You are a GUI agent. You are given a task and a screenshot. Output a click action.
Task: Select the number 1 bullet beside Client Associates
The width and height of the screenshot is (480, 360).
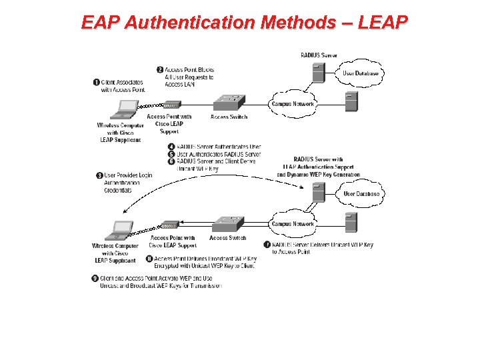pos(97,82)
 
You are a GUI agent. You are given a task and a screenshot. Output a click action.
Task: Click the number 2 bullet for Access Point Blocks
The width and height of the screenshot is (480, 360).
pos(160,69)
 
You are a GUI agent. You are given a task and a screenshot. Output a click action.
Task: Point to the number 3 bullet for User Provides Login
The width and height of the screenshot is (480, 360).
pos(99,175)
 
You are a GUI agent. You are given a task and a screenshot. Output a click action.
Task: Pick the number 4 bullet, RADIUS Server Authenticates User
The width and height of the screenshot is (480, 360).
pos(171,147)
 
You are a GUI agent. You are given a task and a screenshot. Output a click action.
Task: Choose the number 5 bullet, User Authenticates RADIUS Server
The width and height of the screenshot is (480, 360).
pos(171,154)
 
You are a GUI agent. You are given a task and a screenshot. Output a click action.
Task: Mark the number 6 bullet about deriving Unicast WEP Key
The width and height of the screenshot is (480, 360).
pos(171,161)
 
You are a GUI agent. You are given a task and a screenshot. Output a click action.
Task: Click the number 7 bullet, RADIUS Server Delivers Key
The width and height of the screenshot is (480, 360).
pos(267,245)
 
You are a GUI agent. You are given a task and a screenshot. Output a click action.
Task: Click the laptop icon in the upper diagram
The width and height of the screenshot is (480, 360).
pos(127,109)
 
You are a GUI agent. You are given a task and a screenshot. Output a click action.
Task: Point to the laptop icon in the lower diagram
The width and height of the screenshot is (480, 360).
pos(121,230)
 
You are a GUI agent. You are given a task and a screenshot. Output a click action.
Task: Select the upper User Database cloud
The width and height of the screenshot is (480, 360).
pos(361,73)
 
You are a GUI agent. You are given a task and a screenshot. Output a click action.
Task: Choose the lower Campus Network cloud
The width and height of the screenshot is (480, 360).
pos(293,224)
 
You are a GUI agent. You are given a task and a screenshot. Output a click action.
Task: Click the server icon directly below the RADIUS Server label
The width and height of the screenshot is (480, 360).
pos(319,71)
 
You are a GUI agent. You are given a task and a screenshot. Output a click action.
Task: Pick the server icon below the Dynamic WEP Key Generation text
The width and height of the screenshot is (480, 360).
pos(319,193)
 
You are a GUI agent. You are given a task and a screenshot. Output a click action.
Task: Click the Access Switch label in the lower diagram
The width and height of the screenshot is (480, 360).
pos(228,238)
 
